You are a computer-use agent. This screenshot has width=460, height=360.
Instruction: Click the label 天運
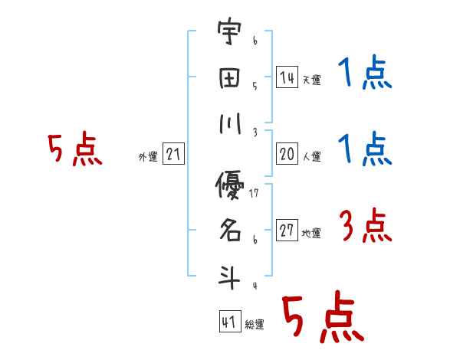[311, 80]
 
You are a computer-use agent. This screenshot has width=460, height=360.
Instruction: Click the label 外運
[148, 157]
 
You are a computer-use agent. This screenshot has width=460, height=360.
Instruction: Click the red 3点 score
[364, 227]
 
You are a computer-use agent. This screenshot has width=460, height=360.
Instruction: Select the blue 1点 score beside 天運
[364, 74]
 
